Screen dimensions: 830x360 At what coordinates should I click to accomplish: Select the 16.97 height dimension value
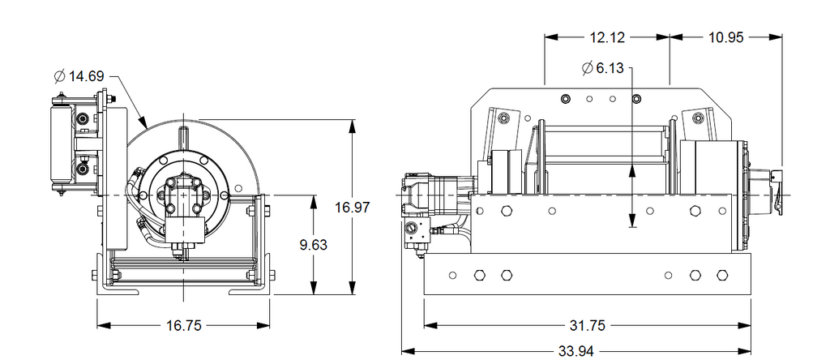click(x=353, y=207)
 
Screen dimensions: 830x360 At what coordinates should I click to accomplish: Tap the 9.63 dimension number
click(x=314, y=245)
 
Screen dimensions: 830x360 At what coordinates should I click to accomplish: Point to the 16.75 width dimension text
click(x=184, y=326)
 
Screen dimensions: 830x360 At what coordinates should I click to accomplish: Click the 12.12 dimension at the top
click(x=607, y=37)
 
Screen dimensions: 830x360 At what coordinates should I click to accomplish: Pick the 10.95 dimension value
click(x=726, y=37)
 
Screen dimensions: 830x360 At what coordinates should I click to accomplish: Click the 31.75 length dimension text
click(x=587, y=326)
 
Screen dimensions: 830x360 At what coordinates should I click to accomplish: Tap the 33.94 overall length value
click(x=576, y=351)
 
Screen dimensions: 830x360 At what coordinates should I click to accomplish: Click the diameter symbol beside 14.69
click(x=60, y=77)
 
